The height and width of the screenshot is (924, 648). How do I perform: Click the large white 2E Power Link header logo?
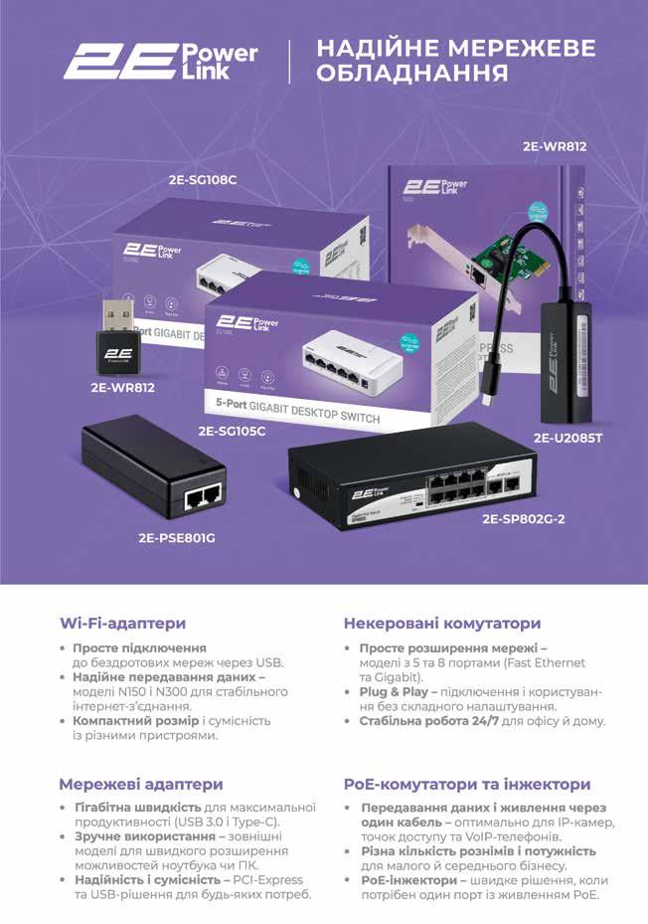(x=160, y=61)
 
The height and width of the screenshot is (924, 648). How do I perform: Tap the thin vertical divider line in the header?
(x=289, y=62)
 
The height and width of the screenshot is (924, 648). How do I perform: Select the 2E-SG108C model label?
(x=203, y=181)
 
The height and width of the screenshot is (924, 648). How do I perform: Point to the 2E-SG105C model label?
(x=232, y=431)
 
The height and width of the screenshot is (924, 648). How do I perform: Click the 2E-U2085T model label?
(x=568, y=437)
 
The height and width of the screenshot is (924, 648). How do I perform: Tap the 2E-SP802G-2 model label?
(x=523, y=518)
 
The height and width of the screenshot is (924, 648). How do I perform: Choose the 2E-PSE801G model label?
(x=177, y=538)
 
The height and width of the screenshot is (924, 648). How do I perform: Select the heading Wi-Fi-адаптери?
(x=122, y=624)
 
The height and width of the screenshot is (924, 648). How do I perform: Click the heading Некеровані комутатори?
(x=442, y=624)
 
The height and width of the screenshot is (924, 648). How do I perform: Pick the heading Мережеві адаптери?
(x=140, y=784)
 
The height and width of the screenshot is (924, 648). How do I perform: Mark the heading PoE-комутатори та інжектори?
(x=467, y=784)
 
